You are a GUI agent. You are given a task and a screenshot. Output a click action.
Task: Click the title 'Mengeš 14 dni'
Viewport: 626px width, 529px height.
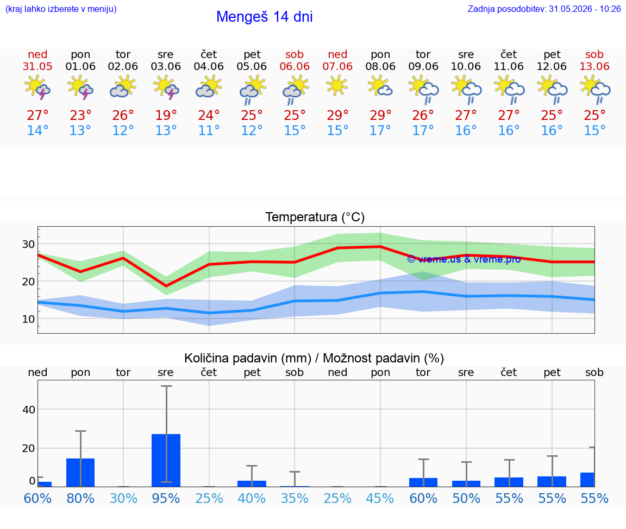click(x=264, y=17)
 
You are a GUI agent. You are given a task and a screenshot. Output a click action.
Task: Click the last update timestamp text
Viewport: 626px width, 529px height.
click(x=544, y=9)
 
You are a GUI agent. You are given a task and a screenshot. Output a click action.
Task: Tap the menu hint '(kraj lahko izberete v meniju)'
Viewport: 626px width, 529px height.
click(x=61, y=9)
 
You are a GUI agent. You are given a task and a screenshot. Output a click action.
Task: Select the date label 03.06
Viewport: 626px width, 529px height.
click(x=166, y=67)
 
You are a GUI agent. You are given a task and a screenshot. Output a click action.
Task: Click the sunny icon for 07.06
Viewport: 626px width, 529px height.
click(x=337, y=85)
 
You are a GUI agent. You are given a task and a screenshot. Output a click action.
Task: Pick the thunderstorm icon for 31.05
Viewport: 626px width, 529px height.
click(x=37, y=87)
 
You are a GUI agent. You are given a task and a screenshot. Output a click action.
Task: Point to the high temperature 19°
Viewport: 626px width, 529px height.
click(x=166, y=115)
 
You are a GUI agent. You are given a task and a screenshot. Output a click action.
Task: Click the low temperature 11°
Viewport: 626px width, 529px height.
click(x=209, y=130)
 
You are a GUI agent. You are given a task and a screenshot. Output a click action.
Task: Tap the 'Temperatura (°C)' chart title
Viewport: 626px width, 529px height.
click(x=315, y=217)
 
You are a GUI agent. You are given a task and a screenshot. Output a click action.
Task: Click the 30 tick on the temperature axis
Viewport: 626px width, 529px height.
click(x=28, y=244)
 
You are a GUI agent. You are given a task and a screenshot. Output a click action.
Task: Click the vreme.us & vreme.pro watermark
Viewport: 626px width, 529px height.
click(x=464, y=259)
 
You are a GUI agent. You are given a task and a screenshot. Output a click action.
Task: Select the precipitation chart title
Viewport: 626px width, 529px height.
click(x=314, y=358)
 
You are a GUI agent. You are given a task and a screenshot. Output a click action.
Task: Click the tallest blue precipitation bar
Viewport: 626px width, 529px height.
click(x=166, y=461)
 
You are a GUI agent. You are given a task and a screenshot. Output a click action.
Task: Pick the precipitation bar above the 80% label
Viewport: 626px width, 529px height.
click(x=80, y=473)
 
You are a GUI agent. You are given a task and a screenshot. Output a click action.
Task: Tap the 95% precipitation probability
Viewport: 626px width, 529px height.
click(x=166, y=498)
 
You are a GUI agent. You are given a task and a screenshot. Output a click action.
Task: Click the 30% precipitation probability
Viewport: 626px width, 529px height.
click(x=123, y=498)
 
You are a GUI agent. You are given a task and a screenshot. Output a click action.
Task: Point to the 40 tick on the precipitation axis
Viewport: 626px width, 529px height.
click(x=29, y=410)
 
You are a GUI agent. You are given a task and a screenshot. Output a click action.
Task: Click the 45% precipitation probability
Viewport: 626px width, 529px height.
click(x=380, y=498)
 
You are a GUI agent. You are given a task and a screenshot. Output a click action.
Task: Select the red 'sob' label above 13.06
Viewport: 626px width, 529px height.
click(x=594, y=54)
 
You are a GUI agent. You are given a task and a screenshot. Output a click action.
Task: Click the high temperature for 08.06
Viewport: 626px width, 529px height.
click(x=380, y=115)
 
